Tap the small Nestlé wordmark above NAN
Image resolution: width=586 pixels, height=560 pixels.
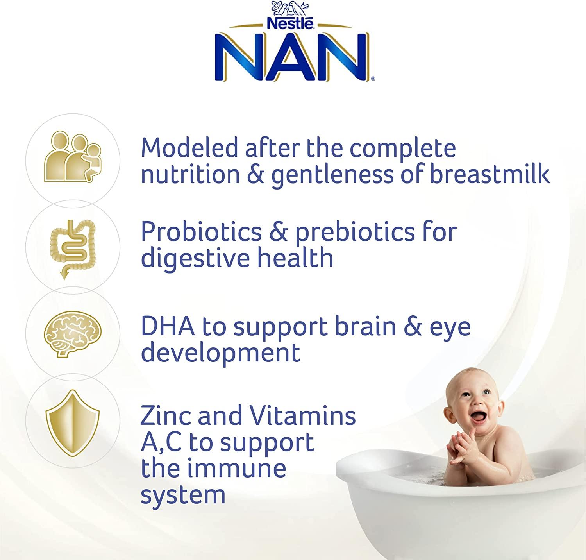[x=290, y=24]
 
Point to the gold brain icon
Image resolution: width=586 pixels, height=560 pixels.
[x=73, y=333]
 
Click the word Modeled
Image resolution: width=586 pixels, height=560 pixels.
[x=189, y=148]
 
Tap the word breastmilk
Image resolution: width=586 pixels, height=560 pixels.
[x=490, y=174]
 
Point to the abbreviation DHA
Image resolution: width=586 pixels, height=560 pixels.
[x=168, y=327]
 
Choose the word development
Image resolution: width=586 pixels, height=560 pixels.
[x=220, y=352]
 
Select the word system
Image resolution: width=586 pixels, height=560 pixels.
[x=183, y=495]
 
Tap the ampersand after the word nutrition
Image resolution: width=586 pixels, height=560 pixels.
[x=255, y=174]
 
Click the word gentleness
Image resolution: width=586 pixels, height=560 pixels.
[x=332, y=175]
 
